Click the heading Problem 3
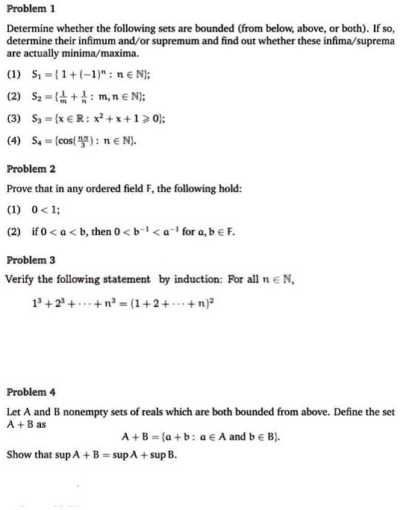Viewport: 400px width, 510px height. (29, 261)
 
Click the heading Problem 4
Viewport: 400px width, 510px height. (29, 392)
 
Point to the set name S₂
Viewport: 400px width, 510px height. (37, 96)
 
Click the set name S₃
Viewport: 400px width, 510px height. (37, 118)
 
